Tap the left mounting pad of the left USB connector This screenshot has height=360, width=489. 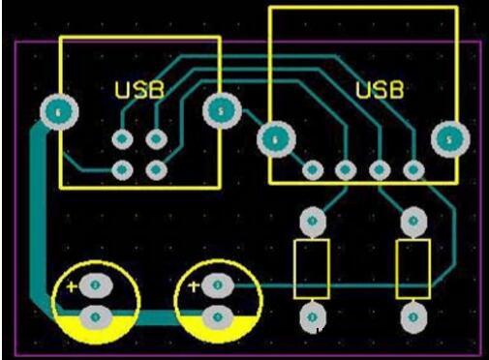tap(59, 112)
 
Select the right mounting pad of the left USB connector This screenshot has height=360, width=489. tap(221, 110)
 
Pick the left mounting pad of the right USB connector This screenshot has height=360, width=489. tap(275, 140)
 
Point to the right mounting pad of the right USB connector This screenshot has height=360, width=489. tap(447, 139)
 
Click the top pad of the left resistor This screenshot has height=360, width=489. tap(312, 221)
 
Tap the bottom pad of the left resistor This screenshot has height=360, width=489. tap(312, 315)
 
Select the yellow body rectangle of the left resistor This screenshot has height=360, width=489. tap(312, 269)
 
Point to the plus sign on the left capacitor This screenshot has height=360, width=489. tap(72, 285)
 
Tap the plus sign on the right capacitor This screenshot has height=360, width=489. tap(194, 285)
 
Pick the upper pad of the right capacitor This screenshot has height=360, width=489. tap(218, 285)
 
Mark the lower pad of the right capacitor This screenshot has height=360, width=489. tap(218, 315)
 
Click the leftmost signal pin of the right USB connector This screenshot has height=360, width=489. tap(312, 170)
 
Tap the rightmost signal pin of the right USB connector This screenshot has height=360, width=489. tap(413, 170)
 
